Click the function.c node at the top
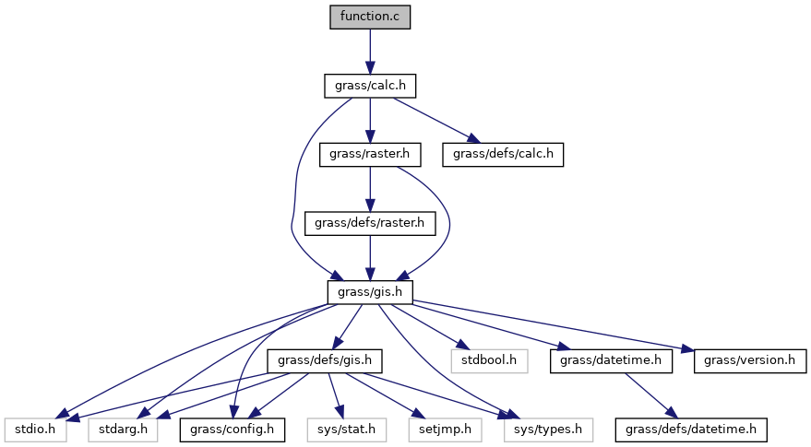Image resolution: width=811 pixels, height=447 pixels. point(370,17)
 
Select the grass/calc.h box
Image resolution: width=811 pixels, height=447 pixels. point(370,86)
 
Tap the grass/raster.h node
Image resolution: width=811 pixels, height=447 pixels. point(370,154)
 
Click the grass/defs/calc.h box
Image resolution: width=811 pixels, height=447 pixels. point(502,154)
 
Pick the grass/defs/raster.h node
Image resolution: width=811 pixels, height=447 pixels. point(370,223)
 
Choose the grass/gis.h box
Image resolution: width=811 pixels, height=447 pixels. point(370,291)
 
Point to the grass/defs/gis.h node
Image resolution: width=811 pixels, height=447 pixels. point(325,360)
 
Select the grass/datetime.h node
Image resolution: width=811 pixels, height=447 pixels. point(611,360)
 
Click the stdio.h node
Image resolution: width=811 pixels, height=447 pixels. point(34,429)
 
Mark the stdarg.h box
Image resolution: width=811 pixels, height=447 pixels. point(122,429)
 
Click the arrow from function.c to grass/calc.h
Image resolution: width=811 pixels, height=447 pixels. point(370,51)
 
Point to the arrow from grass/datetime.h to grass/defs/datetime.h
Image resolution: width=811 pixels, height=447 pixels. point(651,394)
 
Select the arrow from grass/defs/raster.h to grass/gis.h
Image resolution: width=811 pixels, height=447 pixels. point(370,257)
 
